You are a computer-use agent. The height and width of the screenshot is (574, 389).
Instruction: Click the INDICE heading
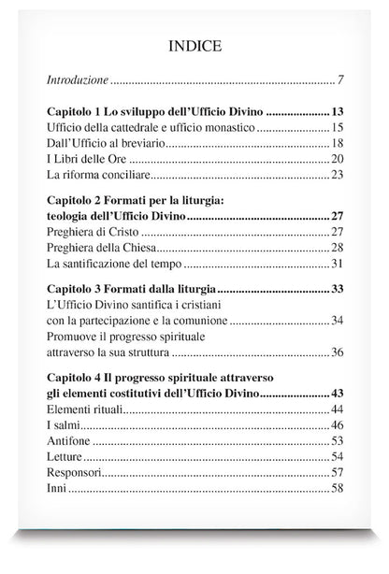[194, 44]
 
